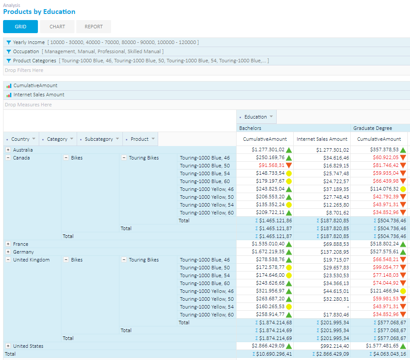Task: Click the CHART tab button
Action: [57, 27]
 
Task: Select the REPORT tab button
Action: [94, 27]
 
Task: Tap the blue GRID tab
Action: [20, 27]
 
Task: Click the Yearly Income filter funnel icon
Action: [9, 42]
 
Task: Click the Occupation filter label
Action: [26, 51]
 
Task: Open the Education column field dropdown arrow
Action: [271, 117]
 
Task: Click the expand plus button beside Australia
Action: [8, 150]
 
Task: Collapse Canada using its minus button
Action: [8, 158]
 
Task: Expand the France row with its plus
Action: [8, 244]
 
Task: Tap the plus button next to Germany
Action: [8, 252]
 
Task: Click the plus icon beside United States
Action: [8, 346]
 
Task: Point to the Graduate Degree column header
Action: [373, 128]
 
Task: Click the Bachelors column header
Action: [251, 128]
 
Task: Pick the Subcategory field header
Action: [98, 139]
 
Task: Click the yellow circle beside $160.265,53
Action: [289, 307]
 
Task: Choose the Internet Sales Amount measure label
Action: [39, 95]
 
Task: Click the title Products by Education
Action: [39, 12]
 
